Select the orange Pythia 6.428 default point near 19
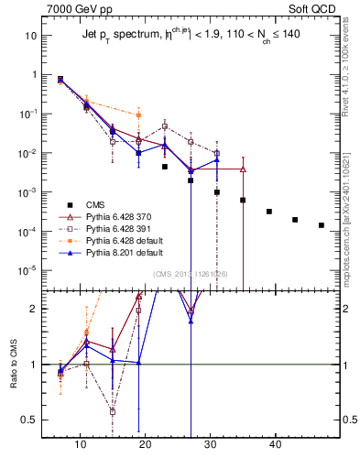click(x=138, y=115)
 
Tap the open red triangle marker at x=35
click(x=243, y=169)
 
